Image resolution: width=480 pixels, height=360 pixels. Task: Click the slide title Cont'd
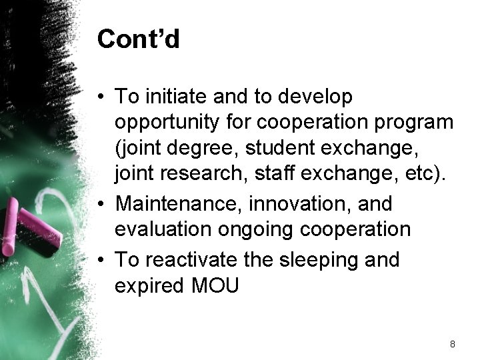click(x=138, y=39)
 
